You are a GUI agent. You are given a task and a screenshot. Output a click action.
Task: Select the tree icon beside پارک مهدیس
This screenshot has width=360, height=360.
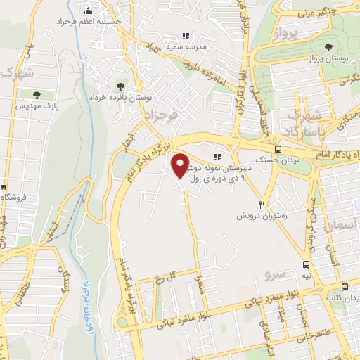(37, 95)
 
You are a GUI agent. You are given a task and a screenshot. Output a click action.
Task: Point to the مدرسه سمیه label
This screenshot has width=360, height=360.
(186, 47)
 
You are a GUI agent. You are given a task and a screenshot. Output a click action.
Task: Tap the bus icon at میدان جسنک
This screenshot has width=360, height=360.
(278, 149)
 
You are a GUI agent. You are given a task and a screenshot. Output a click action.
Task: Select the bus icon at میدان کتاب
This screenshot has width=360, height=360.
(345, 287)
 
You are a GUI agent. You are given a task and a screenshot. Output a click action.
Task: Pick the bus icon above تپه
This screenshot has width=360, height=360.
(306, 264)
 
